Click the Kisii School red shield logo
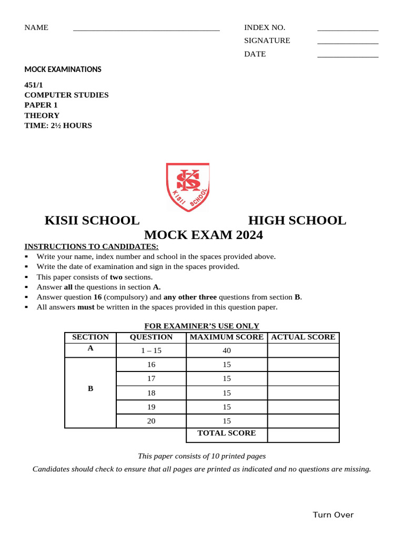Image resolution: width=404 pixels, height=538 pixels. point(188,187)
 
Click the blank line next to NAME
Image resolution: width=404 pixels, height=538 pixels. point(146,30)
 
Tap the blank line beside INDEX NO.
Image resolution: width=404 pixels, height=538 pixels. point(348,30)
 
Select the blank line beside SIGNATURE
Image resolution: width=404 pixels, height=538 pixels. point(348,43)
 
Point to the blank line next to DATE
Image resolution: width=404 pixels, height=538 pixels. point(348,56)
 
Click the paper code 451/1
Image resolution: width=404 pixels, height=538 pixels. point(34,85)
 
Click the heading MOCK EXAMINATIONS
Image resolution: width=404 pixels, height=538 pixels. point(63,69)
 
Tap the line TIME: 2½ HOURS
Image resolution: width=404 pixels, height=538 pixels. point(58,126)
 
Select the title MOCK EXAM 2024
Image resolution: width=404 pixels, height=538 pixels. point(204,235)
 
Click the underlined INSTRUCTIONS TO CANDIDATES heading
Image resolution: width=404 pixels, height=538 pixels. point(91,246)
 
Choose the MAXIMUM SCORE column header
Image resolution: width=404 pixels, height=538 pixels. point(227,337)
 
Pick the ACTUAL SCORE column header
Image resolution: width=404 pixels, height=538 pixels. point(303,337)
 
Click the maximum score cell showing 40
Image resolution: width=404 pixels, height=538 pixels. point(227,350)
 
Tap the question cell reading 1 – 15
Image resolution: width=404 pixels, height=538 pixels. point(151,350)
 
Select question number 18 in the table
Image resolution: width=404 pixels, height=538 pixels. point(151,393)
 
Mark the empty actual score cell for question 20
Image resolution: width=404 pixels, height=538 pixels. point(303,421)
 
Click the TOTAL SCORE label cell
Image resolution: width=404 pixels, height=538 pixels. point(227,433)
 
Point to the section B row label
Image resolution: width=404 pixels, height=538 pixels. point(90,389)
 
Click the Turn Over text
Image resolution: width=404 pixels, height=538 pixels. point(333,515)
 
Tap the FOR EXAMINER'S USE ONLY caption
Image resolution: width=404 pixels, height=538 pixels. point(202,326)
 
